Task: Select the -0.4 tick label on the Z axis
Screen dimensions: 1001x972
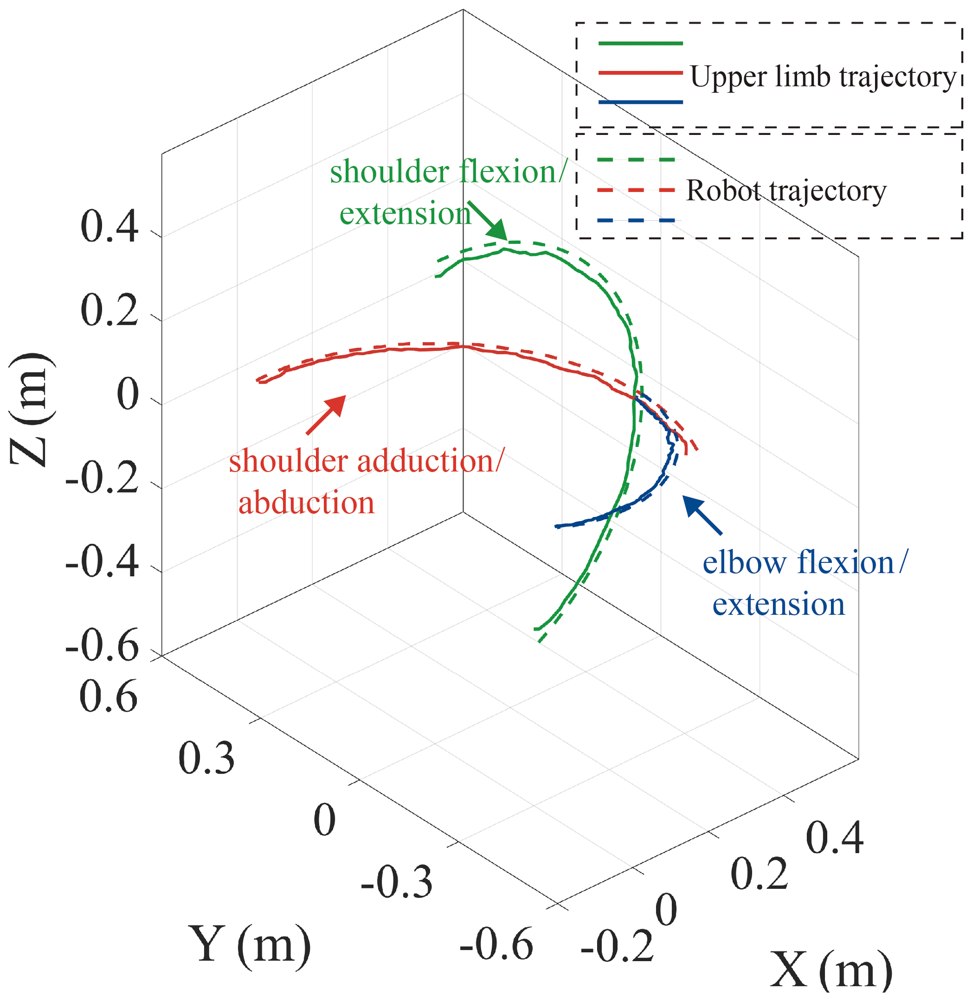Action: [102, 564]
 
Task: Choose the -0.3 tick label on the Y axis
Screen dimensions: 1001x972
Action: [396, 883]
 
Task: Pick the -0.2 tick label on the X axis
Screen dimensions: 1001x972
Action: [617, 946]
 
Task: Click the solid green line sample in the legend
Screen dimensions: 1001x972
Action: [640, 43]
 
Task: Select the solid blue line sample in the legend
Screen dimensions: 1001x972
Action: [640, 102]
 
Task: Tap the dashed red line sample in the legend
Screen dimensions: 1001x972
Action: [636, 190]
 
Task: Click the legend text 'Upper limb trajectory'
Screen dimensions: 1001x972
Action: [823, 77]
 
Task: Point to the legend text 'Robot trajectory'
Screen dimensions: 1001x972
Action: [786, 190]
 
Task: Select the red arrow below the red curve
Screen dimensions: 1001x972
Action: [326, 414]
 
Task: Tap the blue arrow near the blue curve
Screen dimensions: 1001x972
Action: [702, 514]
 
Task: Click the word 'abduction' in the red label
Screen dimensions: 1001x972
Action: [307, 502]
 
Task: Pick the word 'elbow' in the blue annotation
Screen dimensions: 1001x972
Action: [744, 563]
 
